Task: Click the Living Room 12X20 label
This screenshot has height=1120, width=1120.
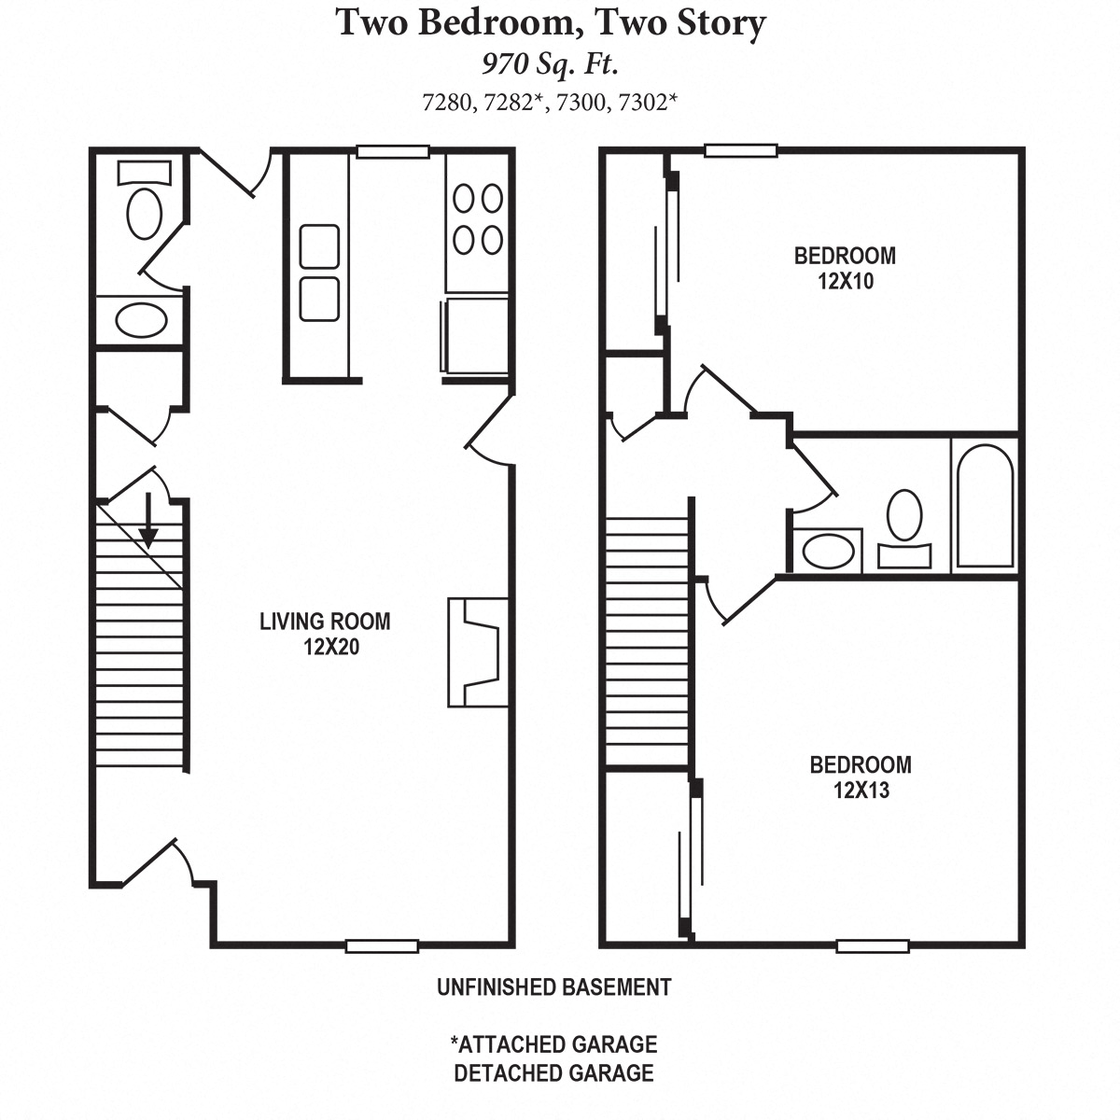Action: click(325, 634)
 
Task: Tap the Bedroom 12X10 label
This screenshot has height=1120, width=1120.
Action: click(845, 268)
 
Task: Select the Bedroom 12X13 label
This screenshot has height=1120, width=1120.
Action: click(860, 777)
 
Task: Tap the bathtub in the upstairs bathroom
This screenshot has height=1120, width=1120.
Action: click(985, 506)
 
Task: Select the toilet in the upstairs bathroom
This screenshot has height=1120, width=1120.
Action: click(903, 527)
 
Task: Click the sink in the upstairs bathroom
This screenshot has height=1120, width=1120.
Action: click(828, 550)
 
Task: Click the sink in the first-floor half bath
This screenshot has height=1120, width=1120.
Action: click(141, 320)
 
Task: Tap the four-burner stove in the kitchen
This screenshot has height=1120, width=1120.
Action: click(478, 219)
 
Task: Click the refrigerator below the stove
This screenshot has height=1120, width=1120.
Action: click(476, 335)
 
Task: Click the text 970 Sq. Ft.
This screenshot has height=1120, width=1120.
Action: click(551, 63)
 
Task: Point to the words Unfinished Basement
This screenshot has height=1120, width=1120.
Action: click(553, 987)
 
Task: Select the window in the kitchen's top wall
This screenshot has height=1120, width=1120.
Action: click(393, 152)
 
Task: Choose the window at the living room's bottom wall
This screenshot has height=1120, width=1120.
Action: click(381, 945)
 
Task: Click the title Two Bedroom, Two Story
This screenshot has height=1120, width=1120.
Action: click(551, 22)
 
